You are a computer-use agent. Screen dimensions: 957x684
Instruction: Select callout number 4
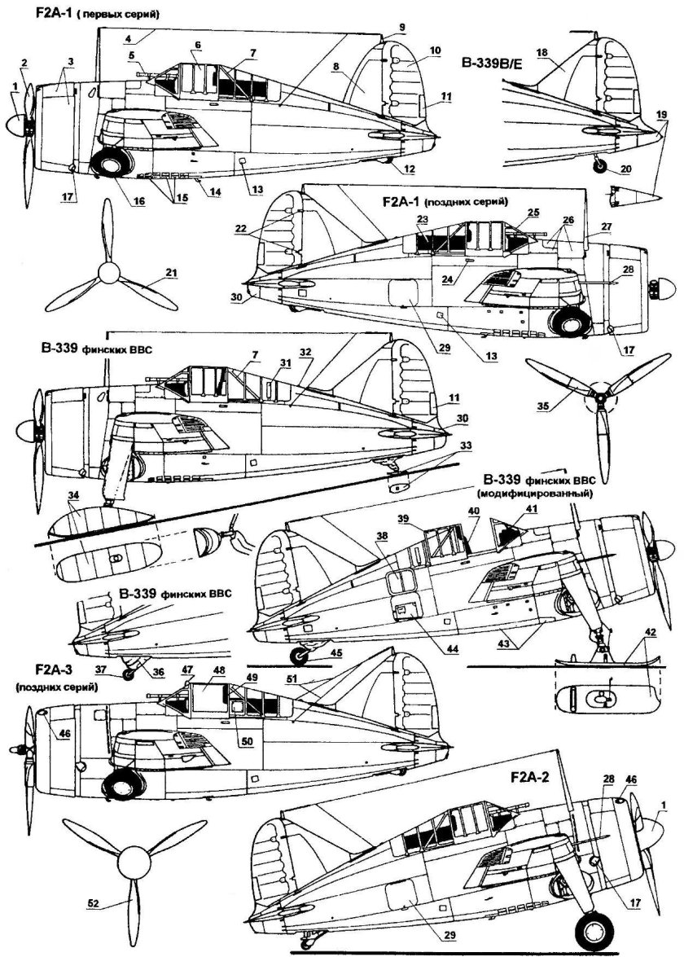click(130, 38)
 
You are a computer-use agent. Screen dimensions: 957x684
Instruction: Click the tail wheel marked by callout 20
click(601, 166)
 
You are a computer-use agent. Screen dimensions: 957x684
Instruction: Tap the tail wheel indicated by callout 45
click(303, 654)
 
